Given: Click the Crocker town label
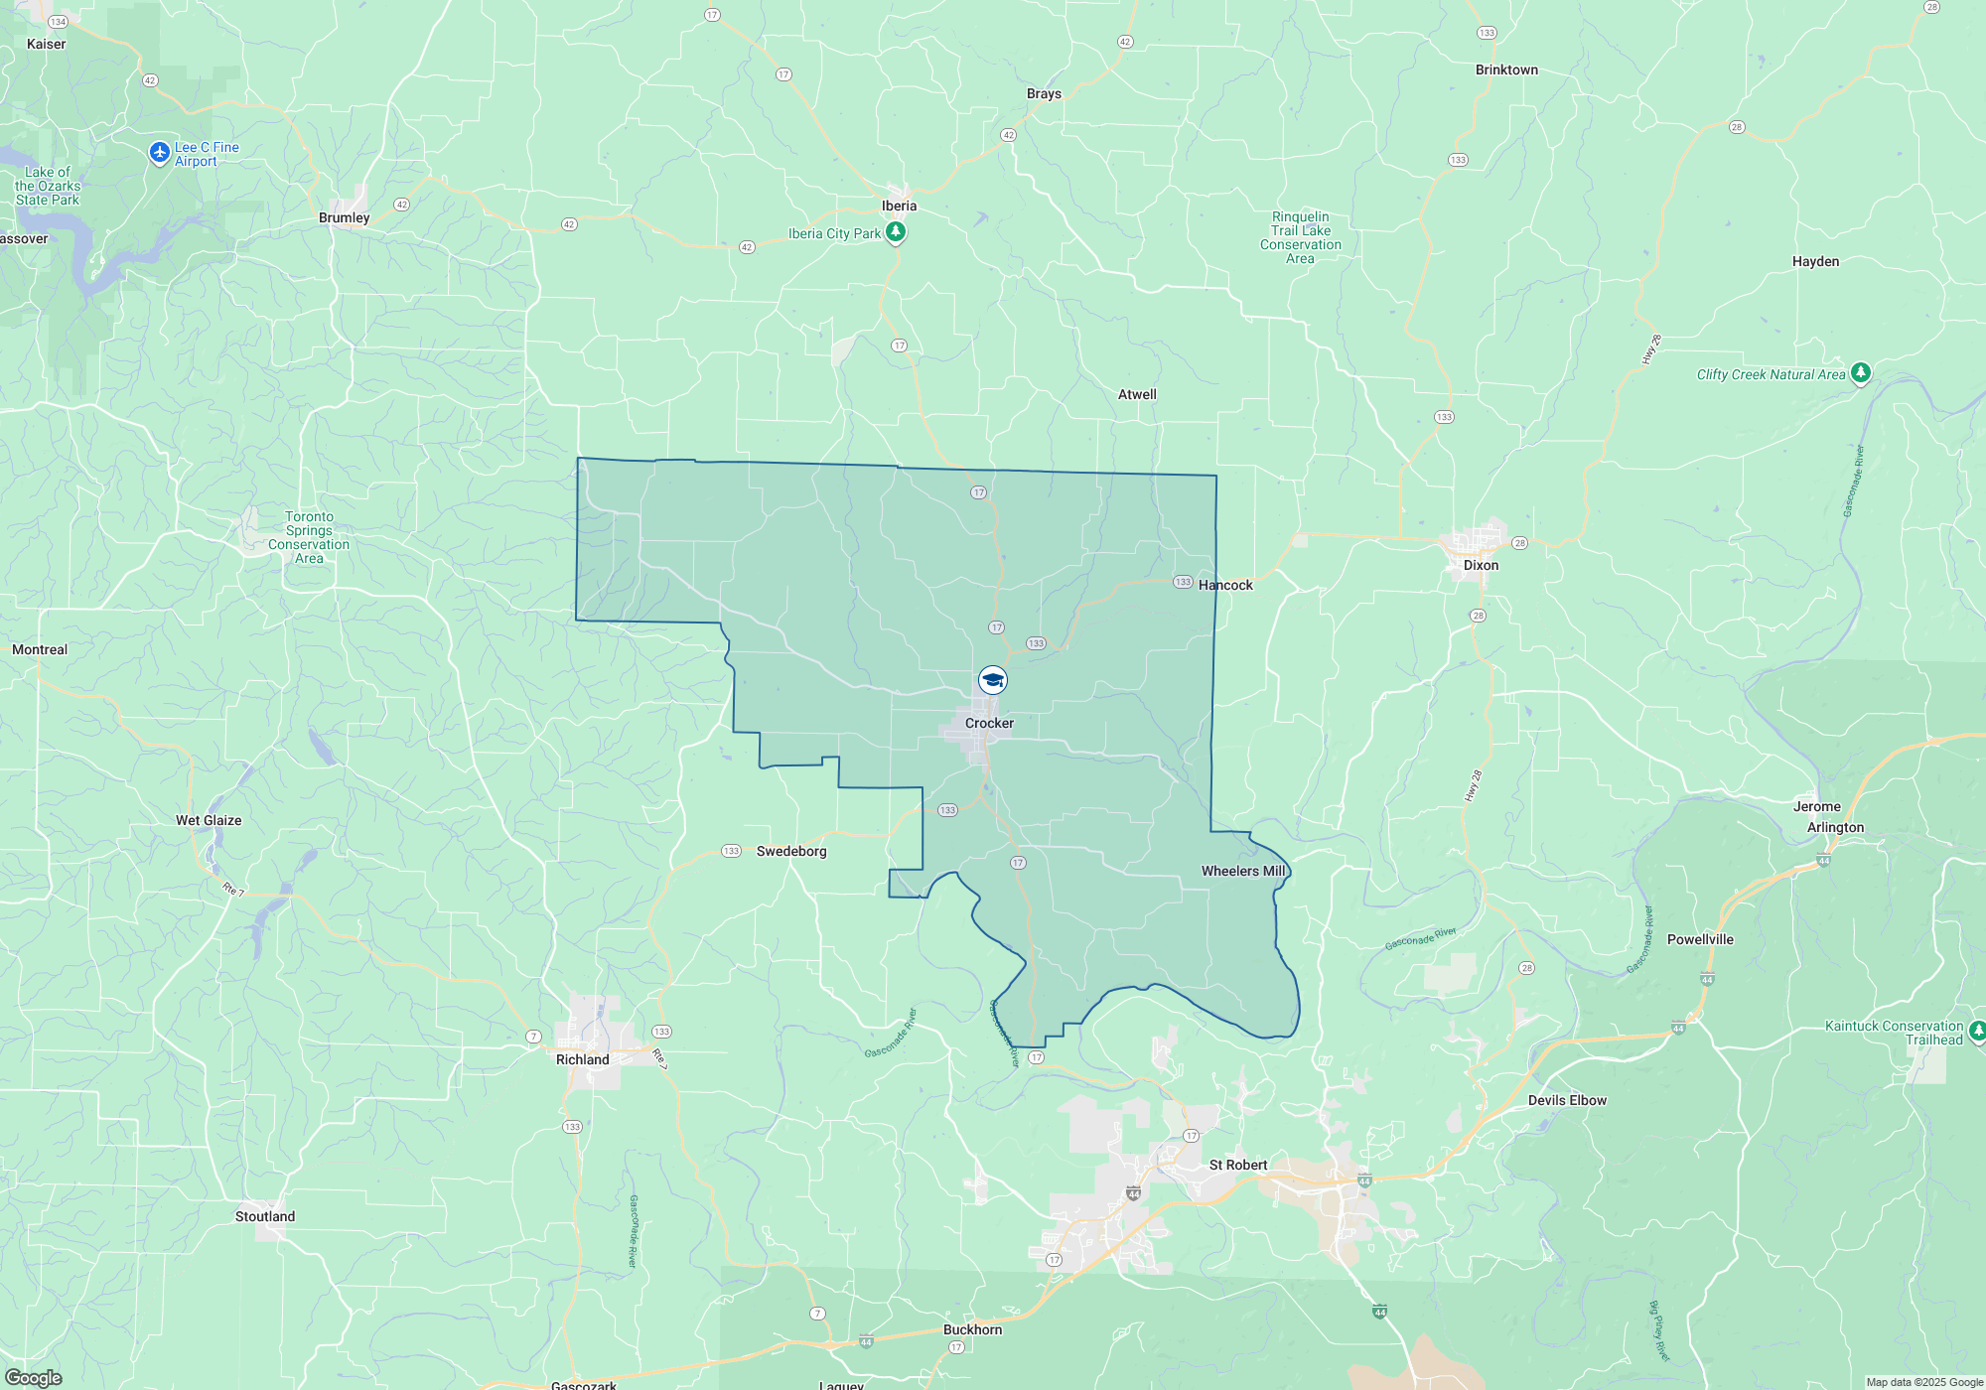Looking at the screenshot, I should (x=989, y=723).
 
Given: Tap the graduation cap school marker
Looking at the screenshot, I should (x=992, y=680).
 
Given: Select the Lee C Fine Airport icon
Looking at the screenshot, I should (x=159, y=153).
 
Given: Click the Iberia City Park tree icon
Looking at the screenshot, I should (x=896, y=232).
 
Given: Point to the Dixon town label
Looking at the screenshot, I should (x=1481, y=565).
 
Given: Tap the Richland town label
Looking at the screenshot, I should (x=582, y=1059).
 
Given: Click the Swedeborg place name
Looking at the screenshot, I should (x=791, y=851).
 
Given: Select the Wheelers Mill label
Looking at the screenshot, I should (x=1243, y=871).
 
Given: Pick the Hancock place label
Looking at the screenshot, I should (x=1225, y=585).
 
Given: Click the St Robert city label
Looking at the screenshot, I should (x=1238, y=1165).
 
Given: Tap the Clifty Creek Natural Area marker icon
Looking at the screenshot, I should (x=1861, y=373).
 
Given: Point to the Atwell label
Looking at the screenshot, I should (x=1137, y=394).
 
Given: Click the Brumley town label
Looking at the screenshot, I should (x=344, y=217).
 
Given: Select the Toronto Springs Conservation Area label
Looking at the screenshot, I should (x=309, y=537).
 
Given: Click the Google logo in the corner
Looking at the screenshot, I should (x=33, y=1377).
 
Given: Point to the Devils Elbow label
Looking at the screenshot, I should (x=1567, y=1100).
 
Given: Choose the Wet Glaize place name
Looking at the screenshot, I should (x=209, y=820).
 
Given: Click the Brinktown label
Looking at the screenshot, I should (x=1506, y=69).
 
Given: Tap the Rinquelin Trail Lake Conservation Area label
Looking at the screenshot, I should (x=1300, y=237).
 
